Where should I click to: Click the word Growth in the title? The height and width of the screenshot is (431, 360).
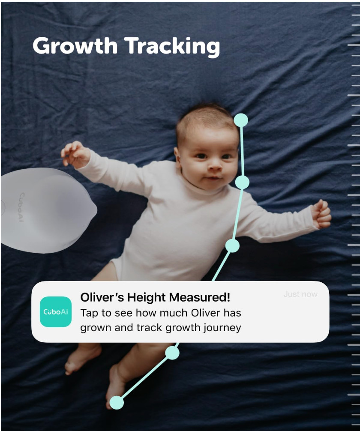pyautogui.click(x=75, y=46)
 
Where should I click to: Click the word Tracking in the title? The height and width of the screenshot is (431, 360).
pyautogui.click(x=172, y=47)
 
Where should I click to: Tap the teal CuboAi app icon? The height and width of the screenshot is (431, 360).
pyautogui.click(x=56, y=312)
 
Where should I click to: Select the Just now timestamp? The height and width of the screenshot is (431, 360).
pyautogui.click(x=300, y=294)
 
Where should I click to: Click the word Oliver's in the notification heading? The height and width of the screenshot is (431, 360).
pyautogui.click(x=102, y=297)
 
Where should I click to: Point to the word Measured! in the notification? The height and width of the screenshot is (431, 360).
pyautogui.click(x=199, y=297)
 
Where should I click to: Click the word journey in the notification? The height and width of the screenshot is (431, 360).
pyautogui.click(x=222, y=328)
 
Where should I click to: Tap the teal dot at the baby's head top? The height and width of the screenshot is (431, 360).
pyautogui.click(x=241, y=120)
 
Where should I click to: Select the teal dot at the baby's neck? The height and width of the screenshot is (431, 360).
pyautogui.click(x=242, y=182)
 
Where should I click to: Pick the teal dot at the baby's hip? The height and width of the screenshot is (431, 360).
pyautogui.click(x=232, y=245)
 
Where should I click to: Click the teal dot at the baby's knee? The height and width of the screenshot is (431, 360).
pyautogui.click(x=172, y=353)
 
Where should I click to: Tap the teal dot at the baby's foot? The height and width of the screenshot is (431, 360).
pyautogui.click(x=117, y=403)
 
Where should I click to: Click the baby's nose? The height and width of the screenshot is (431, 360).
pyautogui.click(x=215, y=166)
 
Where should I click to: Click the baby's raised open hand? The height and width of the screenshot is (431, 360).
pyautogui.click(x=75, y=155)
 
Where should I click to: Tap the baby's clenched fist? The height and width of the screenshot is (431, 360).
pyautogui.click(x=321, y=214)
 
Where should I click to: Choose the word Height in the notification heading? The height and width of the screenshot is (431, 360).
pyautogui.click(x=146, y=298)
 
